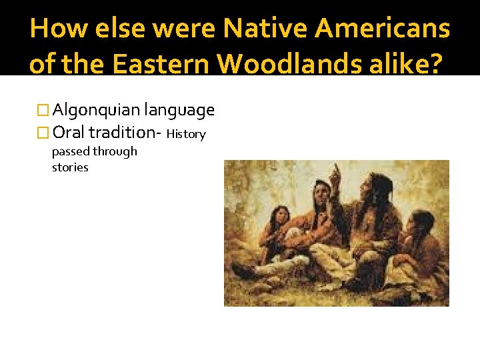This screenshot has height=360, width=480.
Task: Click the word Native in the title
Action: (x=265, y=29)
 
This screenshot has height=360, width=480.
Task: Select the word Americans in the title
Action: (x=383, y=29)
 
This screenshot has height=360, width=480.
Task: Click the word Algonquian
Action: (x=96, y=109)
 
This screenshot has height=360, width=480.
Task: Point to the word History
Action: (x=186, y=134)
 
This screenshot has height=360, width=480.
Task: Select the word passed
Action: (x=69, y=151)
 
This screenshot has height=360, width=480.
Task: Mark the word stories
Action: (x=70, y=167)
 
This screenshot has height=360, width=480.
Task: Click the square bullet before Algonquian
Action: (x=45, y=110)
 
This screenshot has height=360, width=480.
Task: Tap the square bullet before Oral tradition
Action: (x=45, y=133)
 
